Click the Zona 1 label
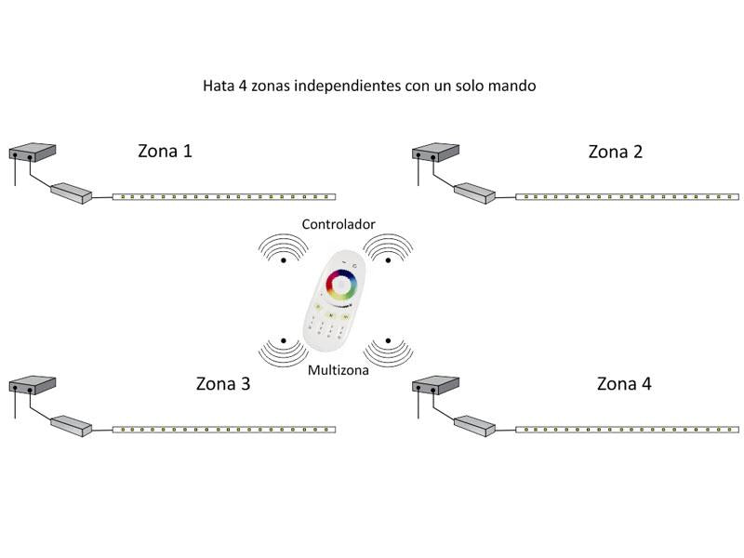click(166, 151)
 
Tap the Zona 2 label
click(615, 152)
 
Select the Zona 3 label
click(223, 383)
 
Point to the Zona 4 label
click(623, 383)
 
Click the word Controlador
click(339, 225)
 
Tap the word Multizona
click(339, 370)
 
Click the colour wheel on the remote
click(341, 284)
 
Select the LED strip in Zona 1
click(223, 197)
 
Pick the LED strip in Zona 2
click(627, 197)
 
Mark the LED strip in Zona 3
click(223, 430)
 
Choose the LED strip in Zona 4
click(627, 430)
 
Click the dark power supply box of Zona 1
click(33, 150)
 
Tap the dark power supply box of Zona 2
click(435, 150)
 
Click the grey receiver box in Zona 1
click(71, 193)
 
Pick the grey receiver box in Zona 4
click(473, 425)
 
